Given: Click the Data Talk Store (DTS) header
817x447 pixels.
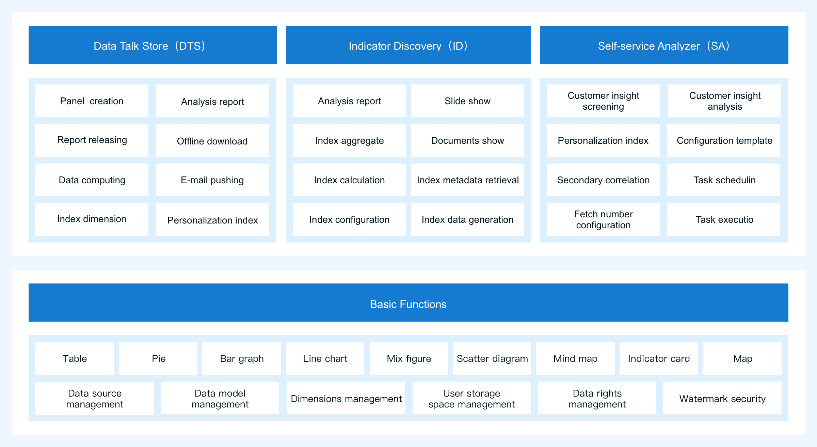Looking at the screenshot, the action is pyautogui.click(x=153, y=45).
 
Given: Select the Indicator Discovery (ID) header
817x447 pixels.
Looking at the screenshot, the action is pyautogui.click(x=408, y=45).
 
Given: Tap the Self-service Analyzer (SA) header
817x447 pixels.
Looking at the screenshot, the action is pyautogui.click(x=664, y=45).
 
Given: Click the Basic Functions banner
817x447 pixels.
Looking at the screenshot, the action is pyautogui.click(x=408, y=303).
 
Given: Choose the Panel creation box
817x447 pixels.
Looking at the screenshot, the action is pyautogui.click(x=92, y=101).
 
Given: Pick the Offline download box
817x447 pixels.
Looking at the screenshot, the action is pyautogui.click(x=212, y=140).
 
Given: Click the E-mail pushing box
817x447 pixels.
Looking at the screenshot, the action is pyautogui.click(x=212, y=180).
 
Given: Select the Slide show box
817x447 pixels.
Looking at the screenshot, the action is pyautogui.click(x=468, y=101).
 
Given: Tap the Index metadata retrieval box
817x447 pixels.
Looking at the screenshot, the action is pyautogui.click(x=468, y=180).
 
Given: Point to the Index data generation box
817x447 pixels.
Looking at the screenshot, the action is pyautogui.click(x=468, y=219).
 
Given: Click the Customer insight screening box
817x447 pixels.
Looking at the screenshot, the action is pyautogui.click(x=603, y=101).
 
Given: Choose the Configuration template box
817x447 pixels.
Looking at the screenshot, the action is pyautogui.click(x=724, y=140).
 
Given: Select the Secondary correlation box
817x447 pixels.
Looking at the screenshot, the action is pyautogui.click(x=603, y=180).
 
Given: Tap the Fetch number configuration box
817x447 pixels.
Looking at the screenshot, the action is pyautogui.click(x=603, y=219).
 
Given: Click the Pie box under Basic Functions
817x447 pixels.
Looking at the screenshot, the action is pyautogui.click(x=158, y=358).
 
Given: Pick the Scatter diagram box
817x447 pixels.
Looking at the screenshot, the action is pyautogui.click(x=492, y=358).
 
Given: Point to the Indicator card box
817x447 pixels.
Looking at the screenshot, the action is pyautogui.click(x=659, y=358).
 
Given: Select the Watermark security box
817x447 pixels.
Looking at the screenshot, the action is pyautogui.click(x=722, y=398).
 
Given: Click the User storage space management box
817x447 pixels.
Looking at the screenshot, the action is pyautogui.click(x=472, y=398).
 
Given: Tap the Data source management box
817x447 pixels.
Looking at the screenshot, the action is pyautogui.click(x=95, y=398).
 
